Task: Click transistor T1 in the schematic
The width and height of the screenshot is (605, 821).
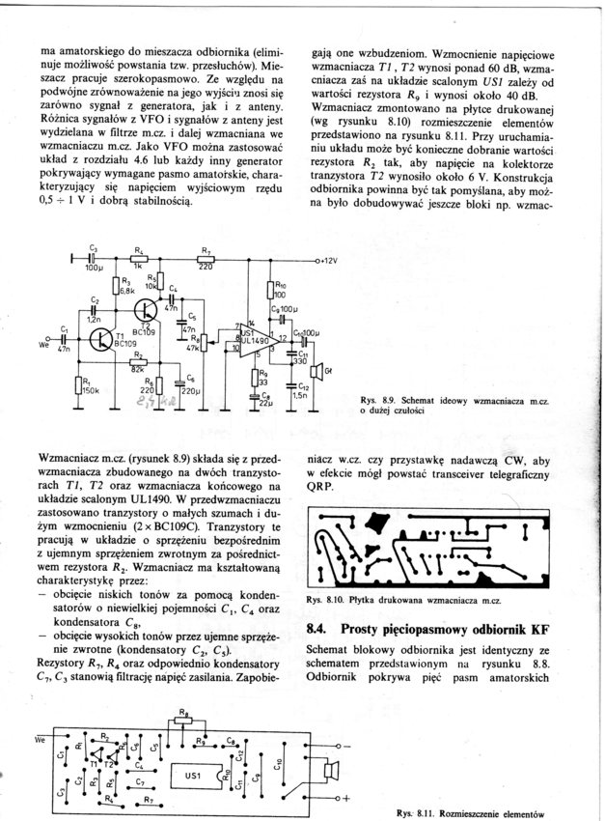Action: pos(103,339)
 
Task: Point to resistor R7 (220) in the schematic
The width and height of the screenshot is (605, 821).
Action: pos(205,259)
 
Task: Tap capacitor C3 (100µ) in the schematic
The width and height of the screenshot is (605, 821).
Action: pos(93,259)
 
